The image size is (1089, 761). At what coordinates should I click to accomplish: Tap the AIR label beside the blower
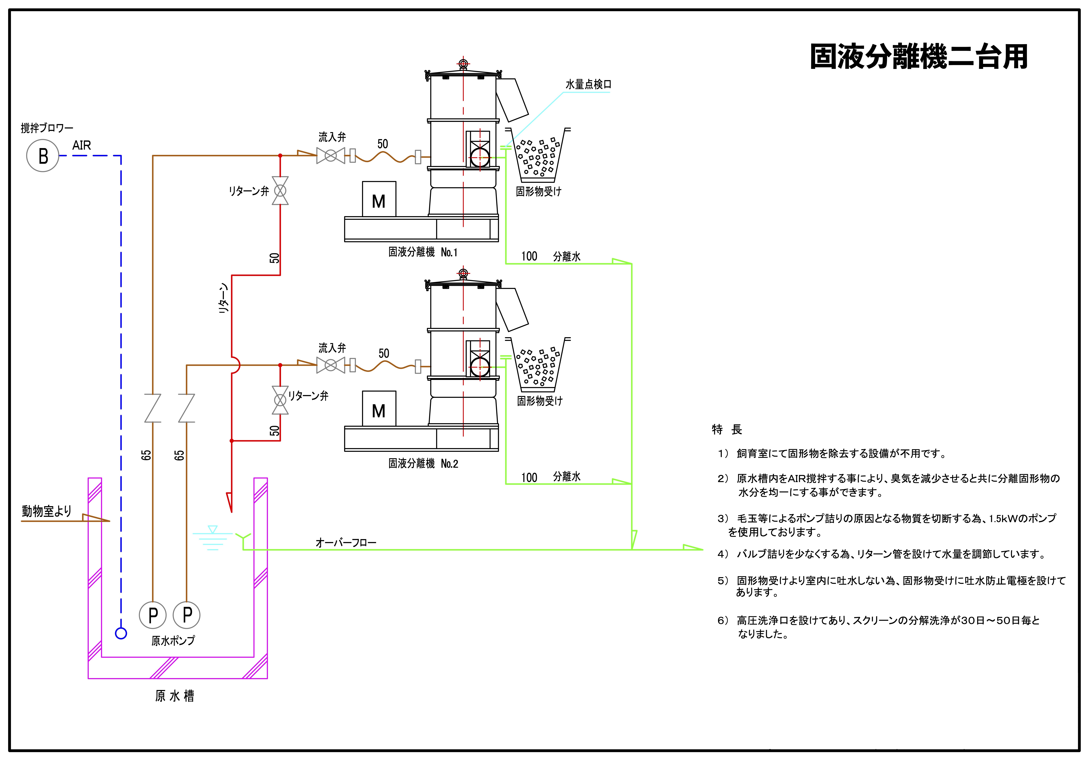click(x=82, y=146)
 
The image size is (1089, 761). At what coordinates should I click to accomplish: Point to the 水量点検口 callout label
click(x=588, y=84)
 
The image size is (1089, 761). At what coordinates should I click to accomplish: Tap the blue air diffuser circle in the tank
click(x=121, y=633)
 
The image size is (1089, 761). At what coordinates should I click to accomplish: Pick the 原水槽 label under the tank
click(x=174, y=696)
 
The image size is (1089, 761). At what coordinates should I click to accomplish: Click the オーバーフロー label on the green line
click(x=346, y=542)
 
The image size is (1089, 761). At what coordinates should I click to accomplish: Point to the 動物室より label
click(x=46, y=511)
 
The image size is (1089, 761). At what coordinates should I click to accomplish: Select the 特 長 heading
click(x=727, y=429)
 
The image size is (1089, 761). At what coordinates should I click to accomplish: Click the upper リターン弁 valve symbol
click(x=280, y=191)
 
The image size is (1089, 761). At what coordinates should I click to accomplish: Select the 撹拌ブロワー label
click(x=47, y=128)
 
